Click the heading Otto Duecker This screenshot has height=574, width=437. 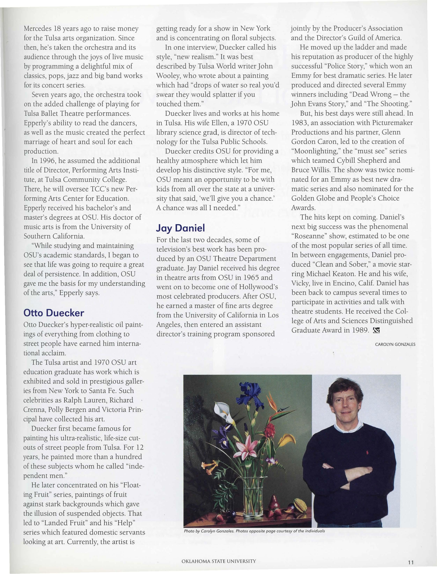[x=54, y=313]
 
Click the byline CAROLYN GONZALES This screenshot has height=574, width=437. [x=395, y=344]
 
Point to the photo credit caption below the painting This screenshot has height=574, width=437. [x=254, y=531]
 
